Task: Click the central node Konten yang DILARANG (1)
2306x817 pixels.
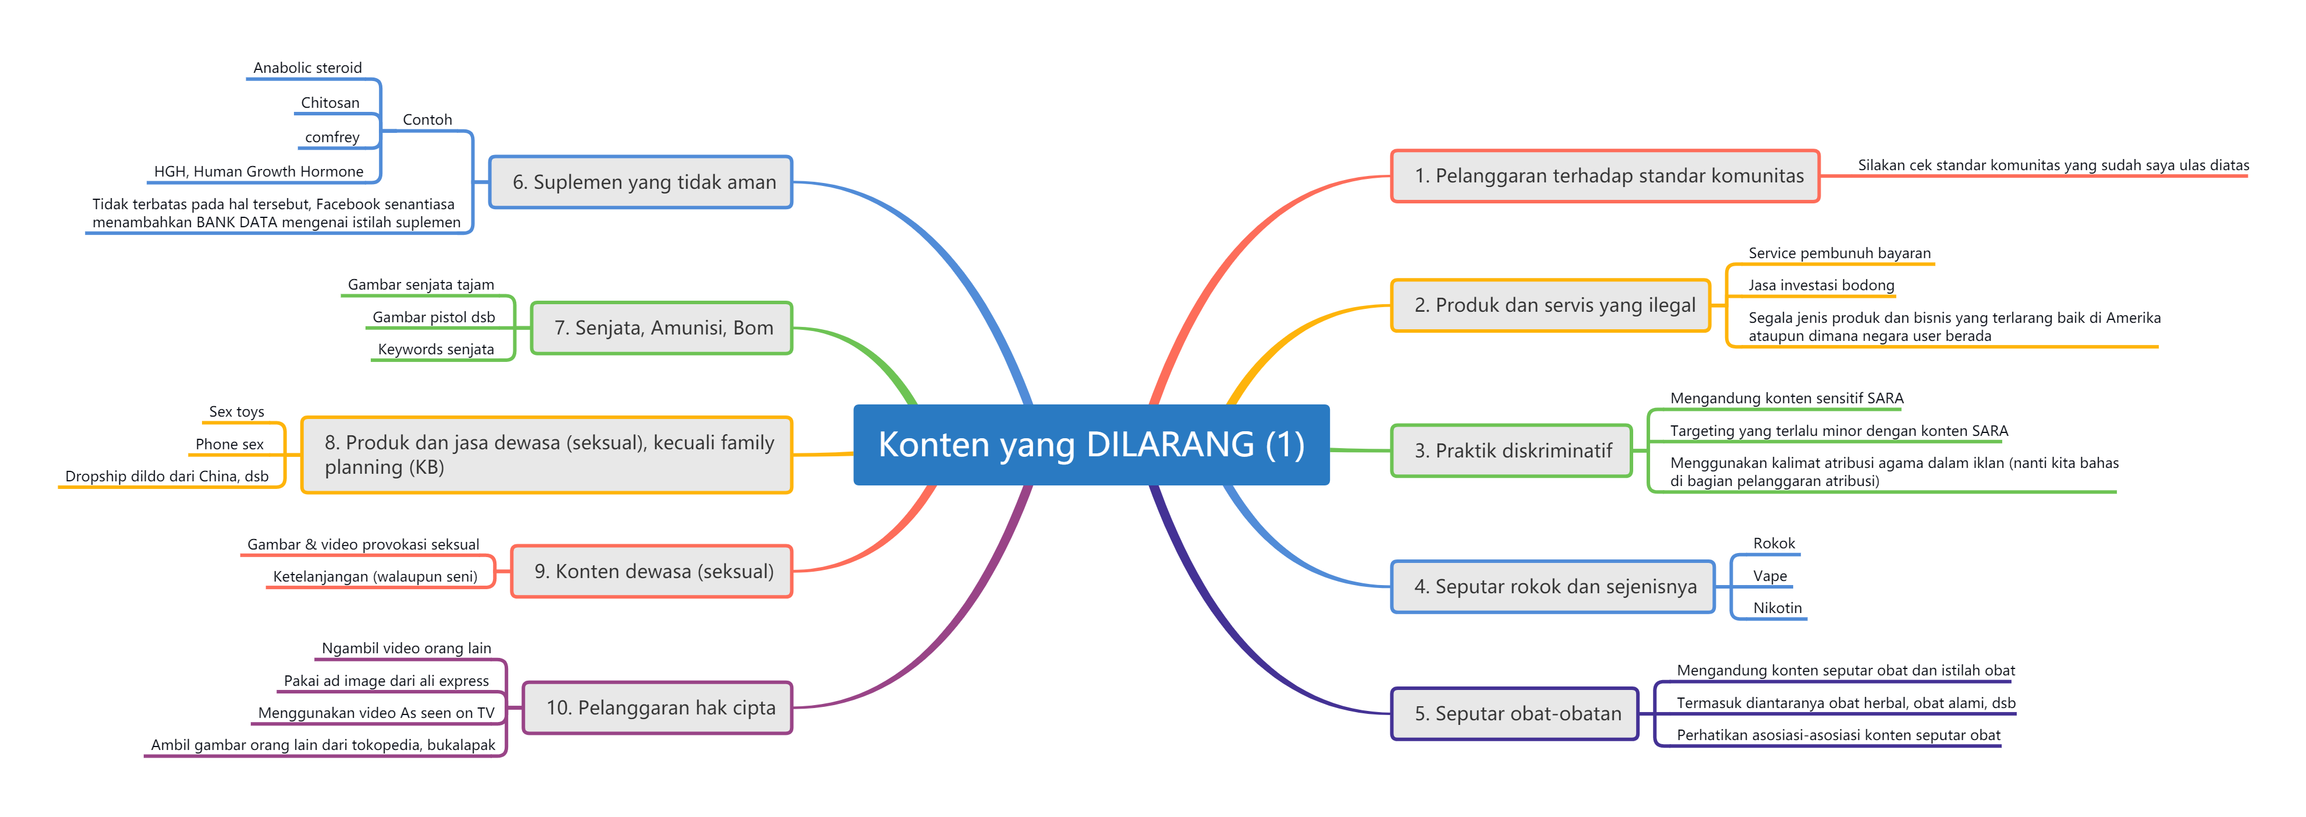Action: pyautogui.click(x=1091, y=444)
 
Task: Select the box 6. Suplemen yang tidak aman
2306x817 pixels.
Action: pyautogui.click(x=641, y=182)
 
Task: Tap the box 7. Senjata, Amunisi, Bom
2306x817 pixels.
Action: pyautogui.click(x=662, y=328)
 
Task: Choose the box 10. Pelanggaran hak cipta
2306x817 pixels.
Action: pyautogui.click(x=658, y=707)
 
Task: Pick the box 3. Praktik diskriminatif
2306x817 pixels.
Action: pyautogui.click(x=1512, y=450)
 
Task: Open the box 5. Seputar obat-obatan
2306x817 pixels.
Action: pyautogui.click(x=1514, y=714)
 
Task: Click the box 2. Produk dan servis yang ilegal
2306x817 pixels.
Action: pyautogui.click(x=1551, y=305)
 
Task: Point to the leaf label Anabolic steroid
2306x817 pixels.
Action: pyautogui.click(x=308, y=68)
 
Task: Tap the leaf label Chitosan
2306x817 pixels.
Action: pyautogui.click(x=331, y=103)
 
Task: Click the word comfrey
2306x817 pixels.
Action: pyautogui.click(x=332, y=137)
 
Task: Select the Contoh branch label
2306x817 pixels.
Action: pyautogui.click(x=427, y=120)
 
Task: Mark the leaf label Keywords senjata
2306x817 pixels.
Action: pyautogui.click(x=436, y=350)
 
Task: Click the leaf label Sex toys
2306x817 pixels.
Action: pyautogui.click(x=236, y=412)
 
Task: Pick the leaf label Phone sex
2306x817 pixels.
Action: pyautogui.click(x=230, y=444)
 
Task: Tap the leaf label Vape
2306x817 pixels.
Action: pyautogui.click(x=1770, y=576)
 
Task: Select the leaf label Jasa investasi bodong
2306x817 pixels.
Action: pyautogui.click(x=1822, y=286)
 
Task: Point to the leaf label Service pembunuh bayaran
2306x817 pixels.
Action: pyautogui.click(x=1840, y=253)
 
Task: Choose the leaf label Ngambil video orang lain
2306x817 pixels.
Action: pyautogui.click(x=406, y=649)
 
